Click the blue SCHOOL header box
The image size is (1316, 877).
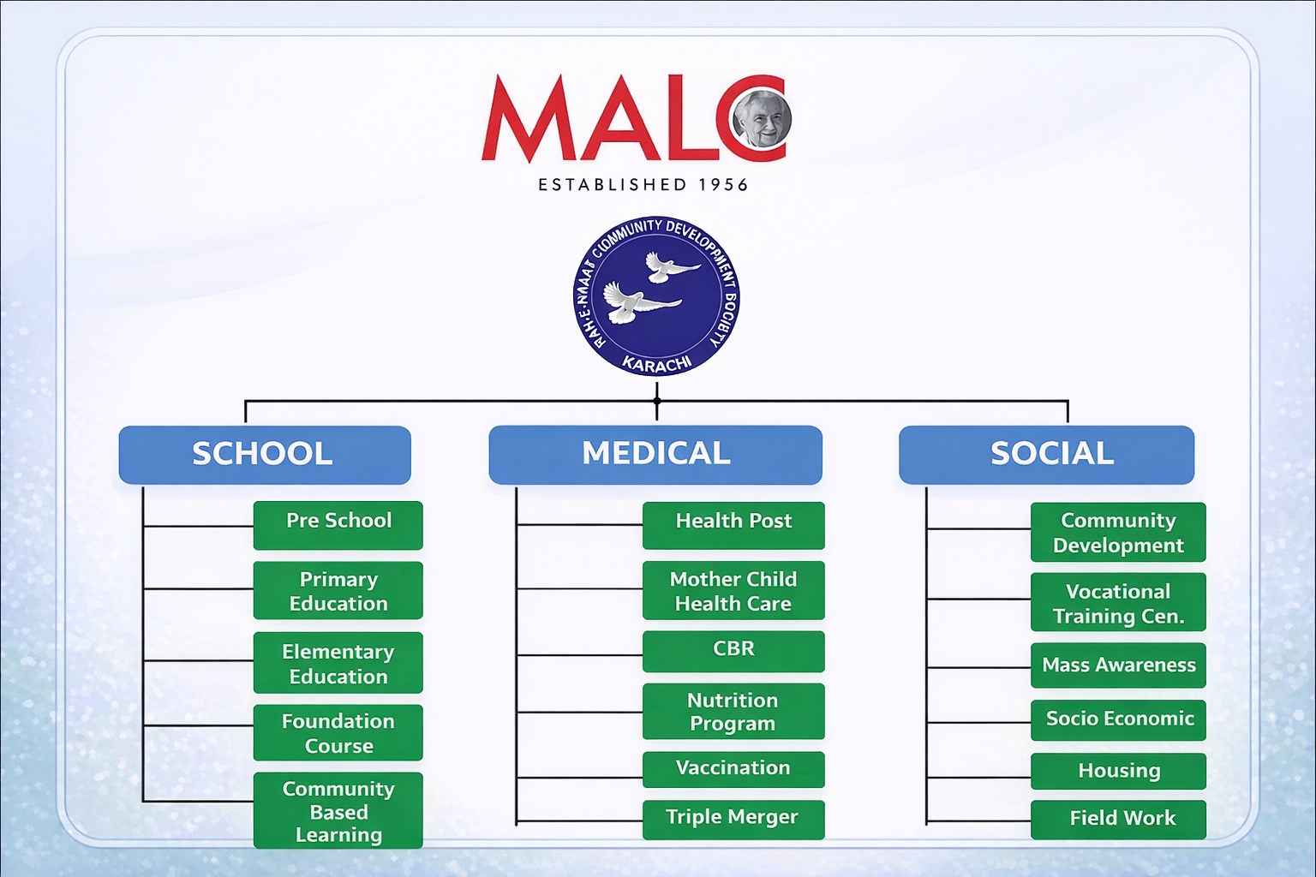point(264,454)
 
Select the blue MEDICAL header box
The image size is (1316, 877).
point(655,454)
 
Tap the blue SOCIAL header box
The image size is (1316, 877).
point(1046,454)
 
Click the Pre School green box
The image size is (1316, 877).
point(338,524)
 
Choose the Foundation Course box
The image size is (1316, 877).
point(338,733)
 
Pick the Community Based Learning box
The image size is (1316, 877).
point(338,811)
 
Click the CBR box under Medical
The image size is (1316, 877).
point(733,651)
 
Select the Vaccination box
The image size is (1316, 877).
point(733,769)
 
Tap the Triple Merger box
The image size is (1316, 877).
point(733,819)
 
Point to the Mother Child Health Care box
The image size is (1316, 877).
point(733,591)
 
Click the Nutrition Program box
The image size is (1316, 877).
point(733,712)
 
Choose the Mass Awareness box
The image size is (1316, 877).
point(1118,665)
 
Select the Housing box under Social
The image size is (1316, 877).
point(1118,771)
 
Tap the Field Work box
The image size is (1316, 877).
point(1118,819)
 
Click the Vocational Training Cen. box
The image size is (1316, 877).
point(1118,603)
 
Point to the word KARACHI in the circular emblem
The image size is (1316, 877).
point(657,363)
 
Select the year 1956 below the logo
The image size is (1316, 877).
point(723,185)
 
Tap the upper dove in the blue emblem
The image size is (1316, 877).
point(669,267)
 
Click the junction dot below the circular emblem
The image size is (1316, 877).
point(657,401)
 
